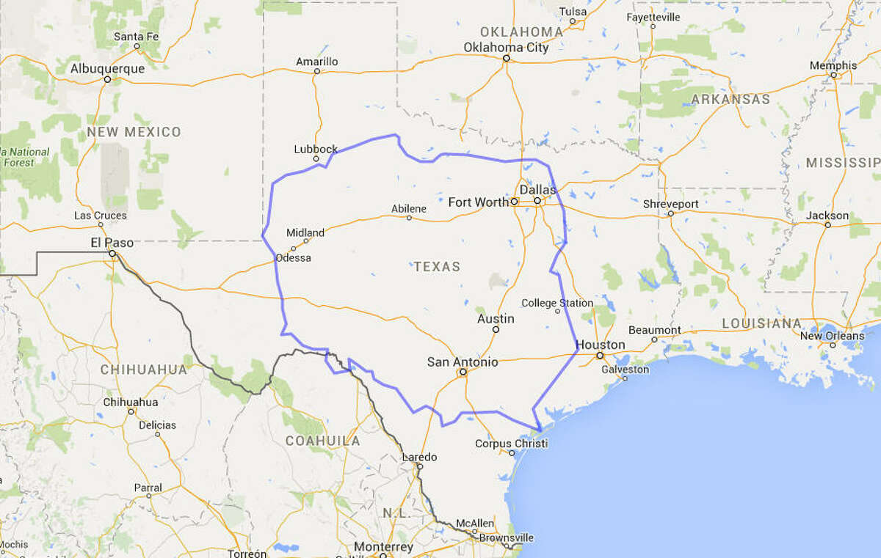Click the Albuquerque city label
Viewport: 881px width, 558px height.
pos(108,68)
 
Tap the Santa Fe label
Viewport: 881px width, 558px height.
pos(137,36)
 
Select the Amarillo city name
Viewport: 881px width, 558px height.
pos(317,62)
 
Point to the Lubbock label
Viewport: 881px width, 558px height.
pos(316,149)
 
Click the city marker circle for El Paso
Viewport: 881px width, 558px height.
pos(112,254)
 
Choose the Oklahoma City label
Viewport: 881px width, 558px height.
pos(506,48)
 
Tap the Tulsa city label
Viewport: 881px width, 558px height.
pos(573,11)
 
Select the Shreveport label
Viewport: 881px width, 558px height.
pos(670,203)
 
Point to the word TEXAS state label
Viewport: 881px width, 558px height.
pos(437,266)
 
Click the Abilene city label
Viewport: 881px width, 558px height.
pos(409,208)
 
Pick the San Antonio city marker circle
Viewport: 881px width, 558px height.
pos(463,372)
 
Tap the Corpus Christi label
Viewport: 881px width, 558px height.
pos(507,443)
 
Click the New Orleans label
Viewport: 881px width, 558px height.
pos(832,336)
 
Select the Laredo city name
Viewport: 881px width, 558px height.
pos(419,456)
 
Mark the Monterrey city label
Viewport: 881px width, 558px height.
pos(383,547)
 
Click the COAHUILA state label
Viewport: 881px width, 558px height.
pos(323,441)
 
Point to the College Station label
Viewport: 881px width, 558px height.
pos(557,303)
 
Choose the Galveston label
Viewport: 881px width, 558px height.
pos(625,370)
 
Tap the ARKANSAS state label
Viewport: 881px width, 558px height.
pos(731,99)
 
